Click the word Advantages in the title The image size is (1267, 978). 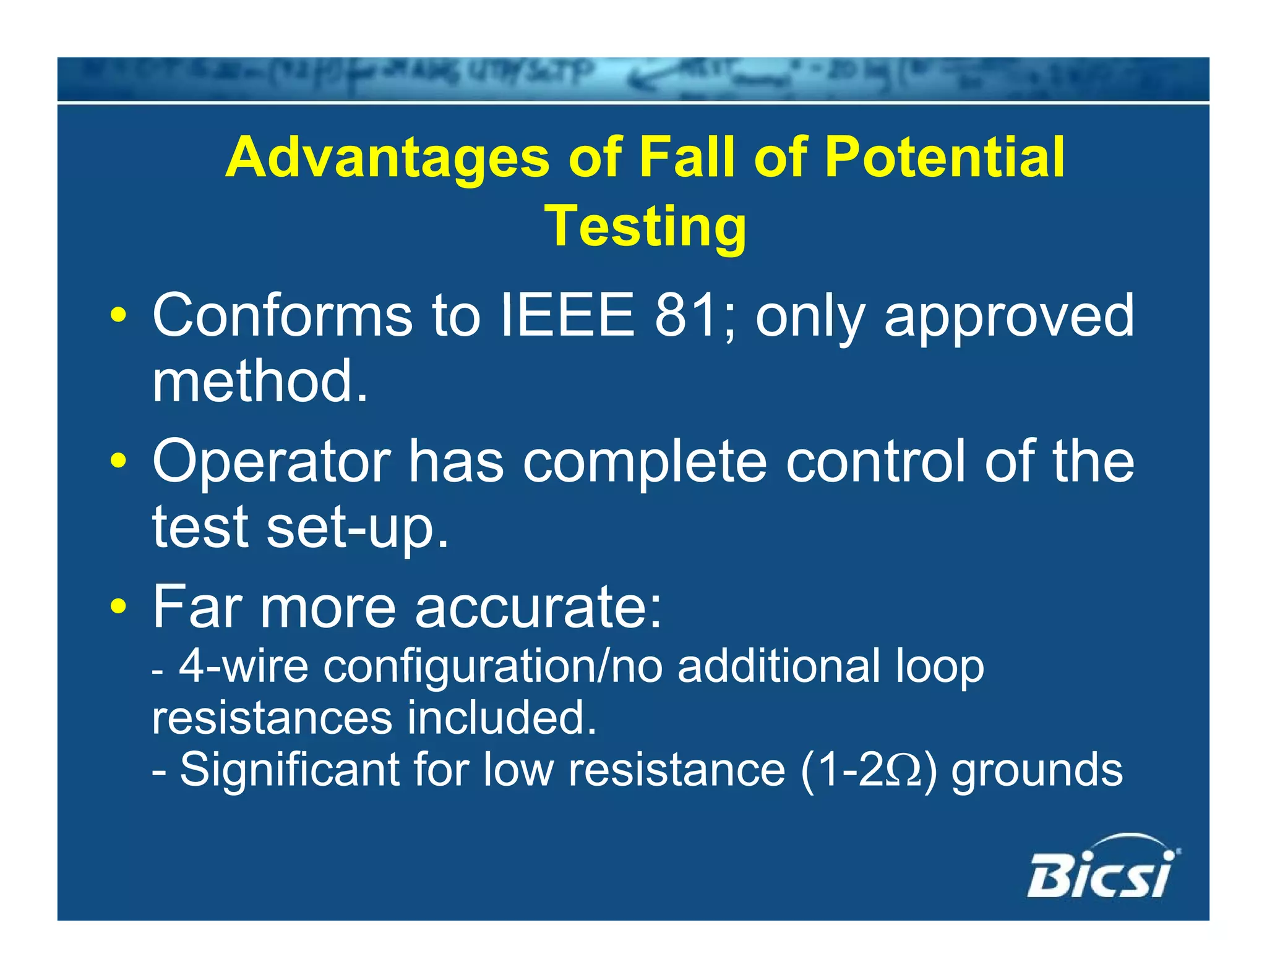coord(387,158)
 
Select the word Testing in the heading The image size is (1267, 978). coord(645,227)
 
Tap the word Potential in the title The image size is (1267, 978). coord(945,158)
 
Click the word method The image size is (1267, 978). coord(260,381)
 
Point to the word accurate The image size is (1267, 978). coord(538,608)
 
